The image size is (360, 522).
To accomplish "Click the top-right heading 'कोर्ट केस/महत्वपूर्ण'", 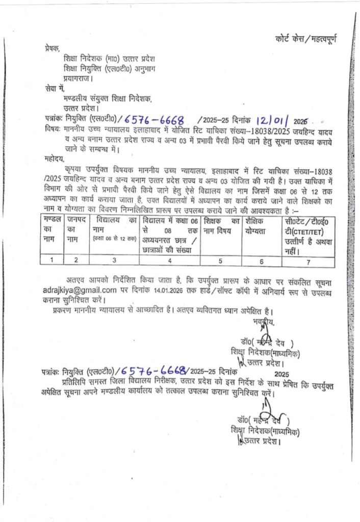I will click(x=305, y=39).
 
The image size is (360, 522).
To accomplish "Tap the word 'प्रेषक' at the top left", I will click(x=52, y=49).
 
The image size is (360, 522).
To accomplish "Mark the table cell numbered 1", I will click(x=52, y=260).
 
